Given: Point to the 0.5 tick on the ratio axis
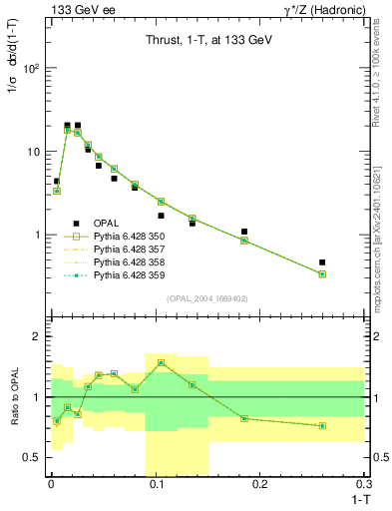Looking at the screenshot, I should click(34, 457).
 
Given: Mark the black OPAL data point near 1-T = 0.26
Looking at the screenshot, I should click(322, 262).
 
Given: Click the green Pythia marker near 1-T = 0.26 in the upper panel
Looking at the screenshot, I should click(322, 273).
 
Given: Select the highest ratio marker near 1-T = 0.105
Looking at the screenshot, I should click(161, 363).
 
